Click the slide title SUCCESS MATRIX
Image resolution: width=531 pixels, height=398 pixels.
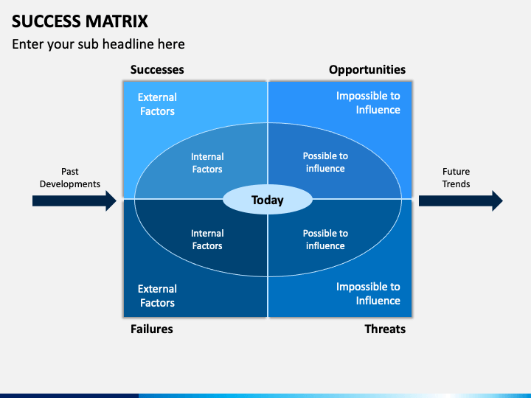click(80, 21)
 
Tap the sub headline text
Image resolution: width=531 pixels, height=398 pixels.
click(98, 44)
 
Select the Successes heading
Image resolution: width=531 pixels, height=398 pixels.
click(157, 70)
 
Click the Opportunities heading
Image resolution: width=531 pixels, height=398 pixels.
click(367, 70)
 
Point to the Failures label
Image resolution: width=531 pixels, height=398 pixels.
click(152, 329)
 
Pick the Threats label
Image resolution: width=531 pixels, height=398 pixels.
click(385, 329)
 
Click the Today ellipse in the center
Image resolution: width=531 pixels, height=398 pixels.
click(268, 200)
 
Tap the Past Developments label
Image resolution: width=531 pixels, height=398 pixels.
click(70, 178)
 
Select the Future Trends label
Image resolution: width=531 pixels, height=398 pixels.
click(456, 178)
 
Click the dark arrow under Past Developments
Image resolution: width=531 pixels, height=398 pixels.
click(74, 200)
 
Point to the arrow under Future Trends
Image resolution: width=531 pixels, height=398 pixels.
click(461, 200)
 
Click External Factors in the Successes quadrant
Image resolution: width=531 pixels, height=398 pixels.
click(157, 104)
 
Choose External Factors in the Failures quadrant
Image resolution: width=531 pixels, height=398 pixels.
click(157, 296)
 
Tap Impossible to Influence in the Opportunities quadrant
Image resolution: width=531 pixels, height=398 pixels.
click(368, 103)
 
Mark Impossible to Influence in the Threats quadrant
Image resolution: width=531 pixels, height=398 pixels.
click(368, 294)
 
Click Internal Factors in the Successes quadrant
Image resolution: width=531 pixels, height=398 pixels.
click(207, 163)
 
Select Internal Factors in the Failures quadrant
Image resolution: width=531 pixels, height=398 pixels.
click(207, 240)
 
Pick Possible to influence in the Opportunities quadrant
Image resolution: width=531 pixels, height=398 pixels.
click(325, 162)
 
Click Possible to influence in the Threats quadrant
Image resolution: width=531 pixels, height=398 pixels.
click(325, 240)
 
